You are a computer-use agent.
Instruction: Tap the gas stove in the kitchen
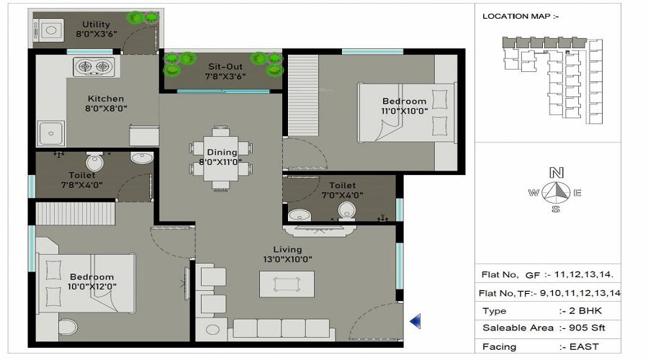[x=94, y=68]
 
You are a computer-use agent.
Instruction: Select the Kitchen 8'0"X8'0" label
[x=106, y=104]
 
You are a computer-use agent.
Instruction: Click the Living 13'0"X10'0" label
[x=287, y=254]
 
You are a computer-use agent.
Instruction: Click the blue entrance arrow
[x=415, y=320]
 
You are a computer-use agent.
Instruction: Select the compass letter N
[x=556, y=173]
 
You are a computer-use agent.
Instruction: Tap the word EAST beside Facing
[x=584, y=346]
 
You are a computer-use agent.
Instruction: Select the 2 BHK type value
[x=582, y=311]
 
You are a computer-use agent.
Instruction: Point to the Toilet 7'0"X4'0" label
[x=341, y=190]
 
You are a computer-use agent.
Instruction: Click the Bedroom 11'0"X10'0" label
[x=404, y=107]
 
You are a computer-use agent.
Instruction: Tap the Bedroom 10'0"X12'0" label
[x=91, y=282]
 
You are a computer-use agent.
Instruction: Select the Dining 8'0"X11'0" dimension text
[x=222, y=162]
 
